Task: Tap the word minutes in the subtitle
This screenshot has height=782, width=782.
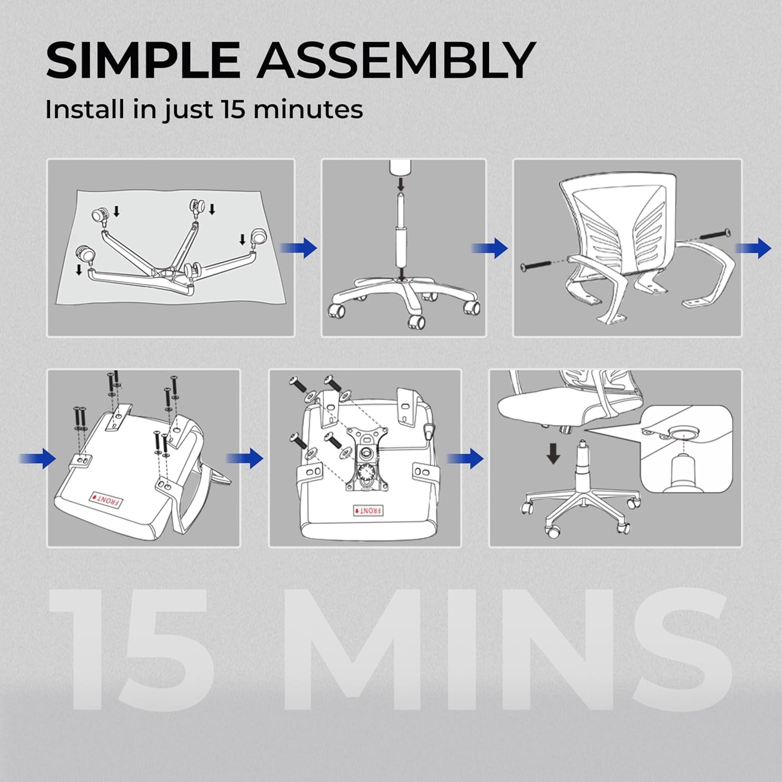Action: pyautogui.click(x=308, y=109)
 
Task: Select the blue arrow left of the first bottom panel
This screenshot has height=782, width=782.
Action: pyautogui.click(x=38, y=458)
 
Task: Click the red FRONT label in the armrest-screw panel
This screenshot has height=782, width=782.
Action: pyautogui.click(x=106, y=499)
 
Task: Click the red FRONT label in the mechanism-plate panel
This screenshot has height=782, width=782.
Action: pyautogui.click(x=368, y=510)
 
